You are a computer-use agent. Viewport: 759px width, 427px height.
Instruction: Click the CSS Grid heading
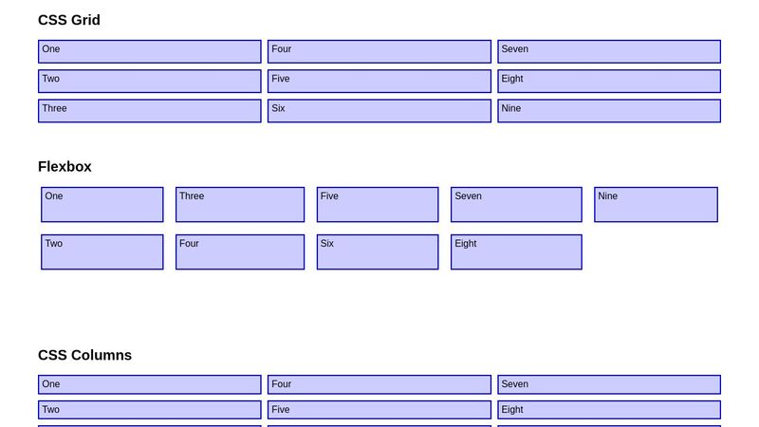coord(69,20)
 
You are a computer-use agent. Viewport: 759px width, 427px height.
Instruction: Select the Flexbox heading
coord(65,166)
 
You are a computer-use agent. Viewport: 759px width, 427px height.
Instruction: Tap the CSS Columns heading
coord(84,355)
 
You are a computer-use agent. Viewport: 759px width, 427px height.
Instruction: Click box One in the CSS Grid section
coord(149,51)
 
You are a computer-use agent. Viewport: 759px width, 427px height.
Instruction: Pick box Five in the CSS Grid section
coord(379,81)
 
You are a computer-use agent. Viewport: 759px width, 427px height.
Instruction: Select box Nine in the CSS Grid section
coord(608,110)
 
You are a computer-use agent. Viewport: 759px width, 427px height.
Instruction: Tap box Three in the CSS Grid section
coord(149,110)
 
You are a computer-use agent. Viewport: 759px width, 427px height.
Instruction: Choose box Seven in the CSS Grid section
coord(608,51)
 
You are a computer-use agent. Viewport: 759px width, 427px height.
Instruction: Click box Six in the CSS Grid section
coord(379,110)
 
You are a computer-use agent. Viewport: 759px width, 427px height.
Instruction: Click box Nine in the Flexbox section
coord(656,204)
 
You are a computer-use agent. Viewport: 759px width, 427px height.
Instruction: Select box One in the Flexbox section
coord(102,204)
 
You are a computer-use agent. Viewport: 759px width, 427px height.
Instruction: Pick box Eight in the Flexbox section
coord(516,251)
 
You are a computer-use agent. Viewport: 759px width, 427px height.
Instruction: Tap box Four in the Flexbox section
coord(240,251)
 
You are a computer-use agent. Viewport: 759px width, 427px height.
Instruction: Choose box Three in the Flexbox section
coord(240,204)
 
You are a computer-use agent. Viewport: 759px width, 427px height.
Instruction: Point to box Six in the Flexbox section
coord(378,251)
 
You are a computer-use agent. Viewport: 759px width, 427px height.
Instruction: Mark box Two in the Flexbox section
coord(102,251)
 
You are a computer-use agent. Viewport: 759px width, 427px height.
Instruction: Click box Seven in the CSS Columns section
coord(608,384)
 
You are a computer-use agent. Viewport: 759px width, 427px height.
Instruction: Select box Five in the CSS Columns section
coord(379,410)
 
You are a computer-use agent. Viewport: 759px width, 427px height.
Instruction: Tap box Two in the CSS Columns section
coord(149,410)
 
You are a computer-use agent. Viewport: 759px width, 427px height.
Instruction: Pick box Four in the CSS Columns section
coord(379,384)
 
